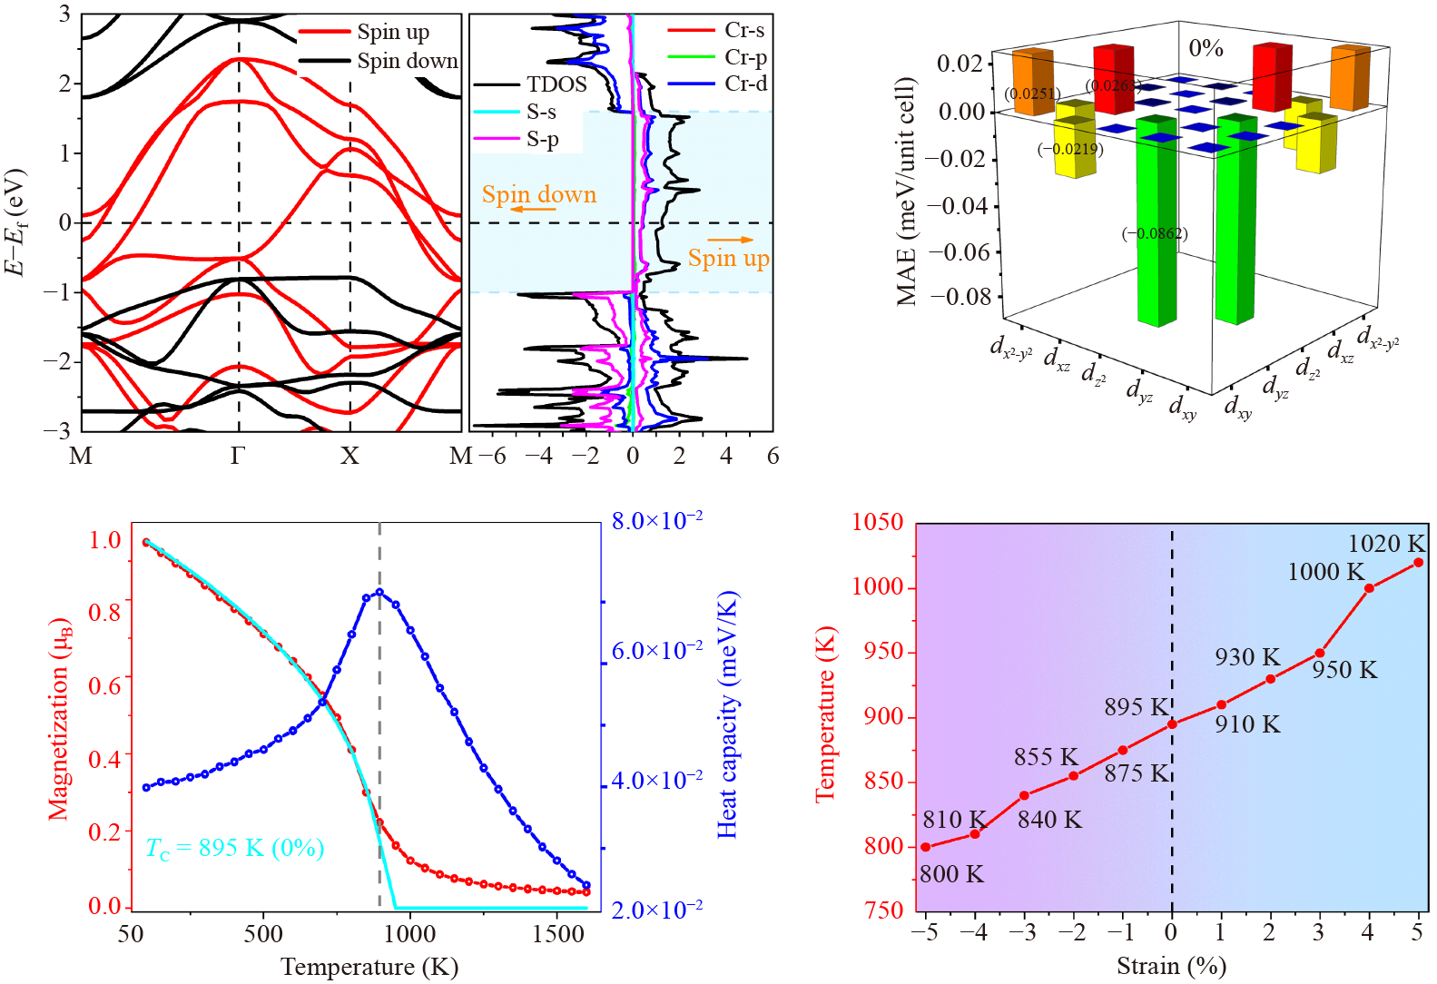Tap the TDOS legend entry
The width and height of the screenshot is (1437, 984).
pos(556,84)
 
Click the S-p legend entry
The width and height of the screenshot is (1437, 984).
pos(542,139)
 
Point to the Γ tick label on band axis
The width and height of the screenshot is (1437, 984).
pos(238,456)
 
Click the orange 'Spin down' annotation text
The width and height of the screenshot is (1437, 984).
pos(538,194)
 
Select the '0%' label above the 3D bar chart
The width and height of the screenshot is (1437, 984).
pos(1206,48)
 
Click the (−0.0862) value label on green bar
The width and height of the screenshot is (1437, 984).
pos(1155,233)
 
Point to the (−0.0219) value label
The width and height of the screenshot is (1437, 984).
pos(1070,149)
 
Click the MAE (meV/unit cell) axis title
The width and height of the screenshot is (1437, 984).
pos(906,192)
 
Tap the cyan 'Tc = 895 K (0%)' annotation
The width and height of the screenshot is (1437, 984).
pos(234,848)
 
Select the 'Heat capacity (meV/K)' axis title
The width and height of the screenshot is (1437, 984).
pos(727,714)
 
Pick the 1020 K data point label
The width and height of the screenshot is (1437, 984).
pos(1386,543)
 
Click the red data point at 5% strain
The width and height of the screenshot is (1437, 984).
pos(1418,563)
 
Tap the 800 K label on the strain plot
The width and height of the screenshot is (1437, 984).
pos(951,874)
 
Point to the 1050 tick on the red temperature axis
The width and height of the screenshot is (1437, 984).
pos(878,522)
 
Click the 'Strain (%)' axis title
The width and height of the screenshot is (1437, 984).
pos(1171,966)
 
